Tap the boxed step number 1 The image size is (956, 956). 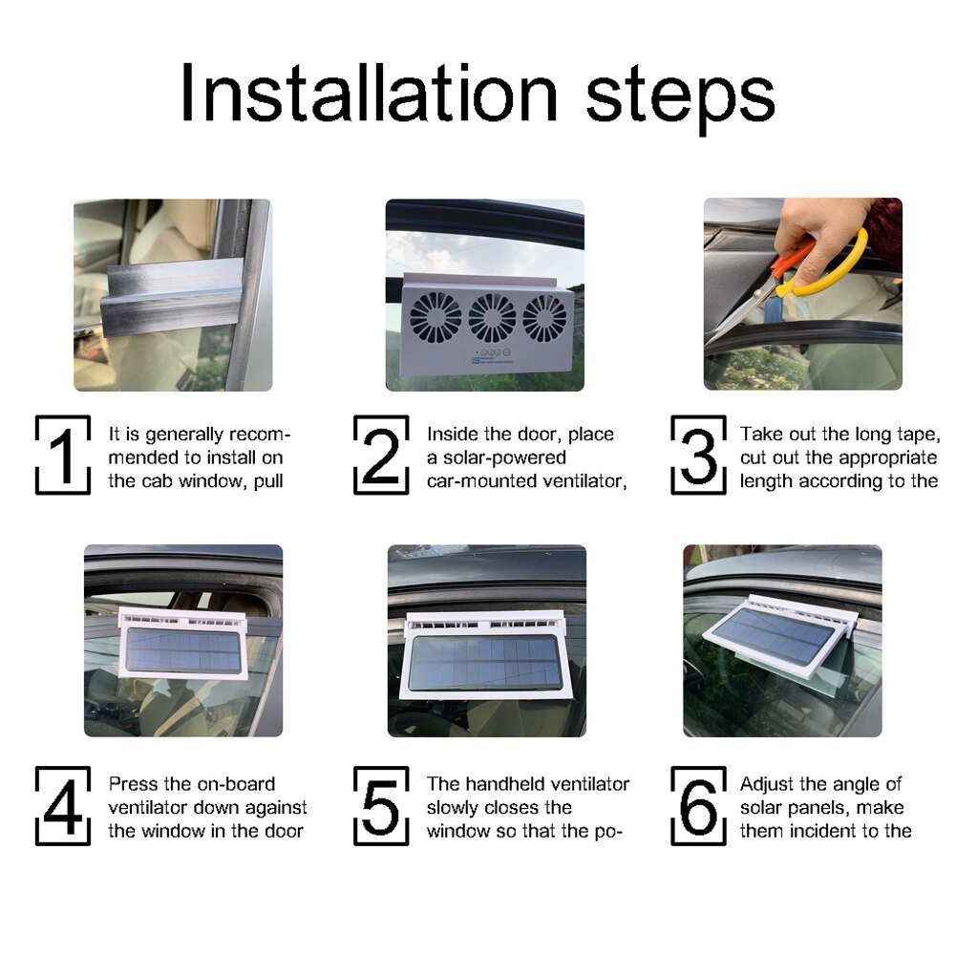63,455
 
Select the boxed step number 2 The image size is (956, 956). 381,455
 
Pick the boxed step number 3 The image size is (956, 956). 698,455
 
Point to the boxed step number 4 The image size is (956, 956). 63,805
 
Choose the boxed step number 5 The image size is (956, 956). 381,805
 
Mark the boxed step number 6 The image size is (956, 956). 698,805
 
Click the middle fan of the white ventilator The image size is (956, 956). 492,318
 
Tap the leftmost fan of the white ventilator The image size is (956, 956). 436,316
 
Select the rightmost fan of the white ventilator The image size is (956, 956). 544,318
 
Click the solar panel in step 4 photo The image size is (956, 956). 183,649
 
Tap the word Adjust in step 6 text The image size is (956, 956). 766,784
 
